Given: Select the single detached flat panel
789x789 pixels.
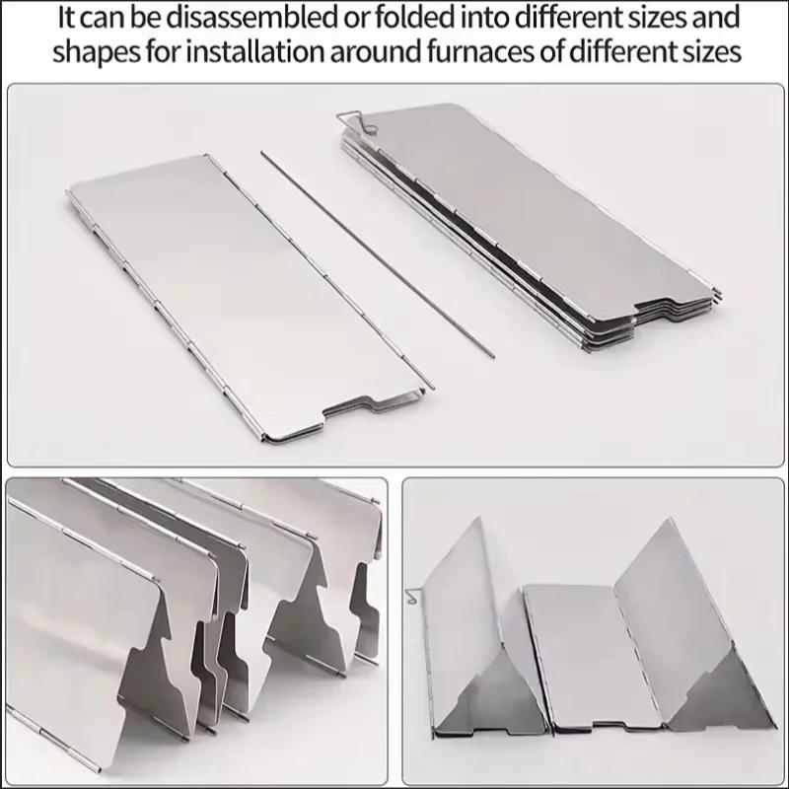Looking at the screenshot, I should tap(247, 296).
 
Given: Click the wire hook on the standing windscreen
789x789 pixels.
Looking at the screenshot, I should tap(412, 595).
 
